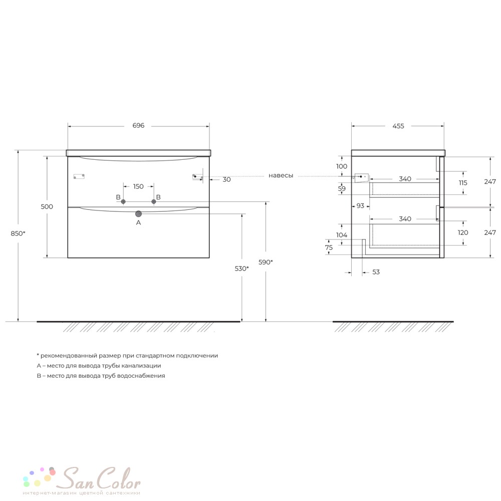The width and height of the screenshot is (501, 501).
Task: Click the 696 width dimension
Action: pyautogui.click(x=138, y=126)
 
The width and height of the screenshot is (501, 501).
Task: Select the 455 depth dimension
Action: pyautogui.click(x=398, y=126)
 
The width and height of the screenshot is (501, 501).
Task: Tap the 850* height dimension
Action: pyautogui.click(x=18, y=233)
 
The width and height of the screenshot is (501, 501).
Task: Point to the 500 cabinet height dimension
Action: pyautogui.click(x=47, y=206)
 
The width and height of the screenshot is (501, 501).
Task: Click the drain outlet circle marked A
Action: pyautogui.click(x=138, y=214)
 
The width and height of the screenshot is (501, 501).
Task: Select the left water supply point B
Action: pyautogui.click(x=123, y=201)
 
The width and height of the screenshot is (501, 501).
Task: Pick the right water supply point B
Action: pyautogui.click(x=154, y=201)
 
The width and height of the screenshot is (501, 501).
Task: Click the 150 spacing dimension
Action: pyautogui.click(x=138, y=186)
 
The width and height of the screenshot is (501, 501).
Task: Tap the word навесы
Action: pyautogui.click(x=281, y=175)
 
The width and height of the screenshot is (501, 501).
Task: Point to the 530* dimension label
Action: pyautogui.click(x=242, y=269)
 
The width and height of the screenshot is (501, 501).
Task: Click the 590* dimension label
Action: pyautogui.click(x=266, y=263)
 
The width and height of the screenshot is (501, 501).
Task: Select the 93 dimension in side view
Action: pyautogui.click(x=360, y=206)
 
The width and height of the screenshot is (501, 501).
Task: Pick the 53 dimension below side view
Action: pyautogui.click(x=376, y=272)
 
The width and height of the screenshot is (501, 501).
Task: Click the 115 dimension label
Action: pyautogui.click(x=463, y=183)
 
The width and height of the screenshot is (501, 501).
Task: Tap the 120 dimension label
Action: pyautogui.click(x=463, y=232)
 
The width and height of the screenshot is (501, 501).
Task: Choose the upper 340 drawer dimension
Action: pyautogui.click(x=405, y=179)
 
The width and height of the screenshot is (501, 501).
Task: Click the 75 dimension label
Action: pyautogui.click(x=329, y=247)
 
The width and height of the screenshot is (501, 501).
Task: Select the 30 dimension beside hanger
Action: pyautogui.click(x=226, y=179)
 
